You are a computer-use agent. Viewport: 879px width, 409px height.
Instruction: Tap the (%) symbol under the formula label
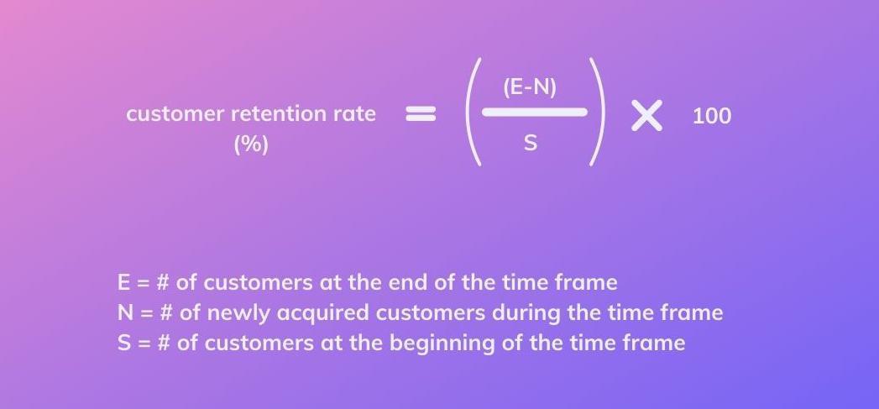coord(251,144)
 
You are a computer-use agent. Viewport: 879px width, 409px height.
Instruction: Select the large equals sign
coord(421,114)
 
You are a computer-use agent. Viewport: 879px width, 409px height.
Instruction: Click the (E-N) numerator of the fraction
coord(530,89)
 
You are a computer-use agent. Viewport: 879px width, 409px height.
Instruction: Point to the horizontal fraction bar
coord(535,113)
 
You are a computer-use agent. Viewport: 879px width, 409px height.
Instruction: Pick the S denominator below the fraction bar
coord(531,143)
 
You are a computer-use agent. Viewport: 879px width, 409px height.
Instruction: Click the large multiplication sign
coord(647,116)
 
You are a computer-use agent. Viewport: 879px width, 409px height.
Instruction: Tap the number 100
coord(712,116)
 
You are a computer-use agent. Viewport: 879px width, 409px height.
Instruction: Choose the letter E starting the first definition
coord(124,282)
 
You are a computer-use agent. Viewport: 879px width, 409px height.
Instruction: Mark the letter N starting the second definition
coord(125,312)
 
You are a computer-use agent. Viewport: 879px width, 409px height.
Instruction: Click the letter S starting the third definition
coord(124,343)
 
